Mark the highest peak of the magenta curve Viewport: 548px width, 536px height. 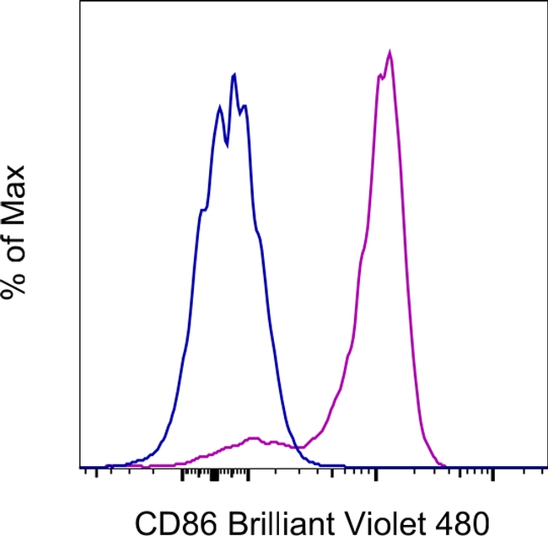coord(390,52)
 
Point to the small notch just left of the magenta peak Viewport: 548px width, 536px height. coord(382,76)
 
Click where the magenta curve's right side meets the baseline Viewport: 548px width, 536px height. coord(445,464)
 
